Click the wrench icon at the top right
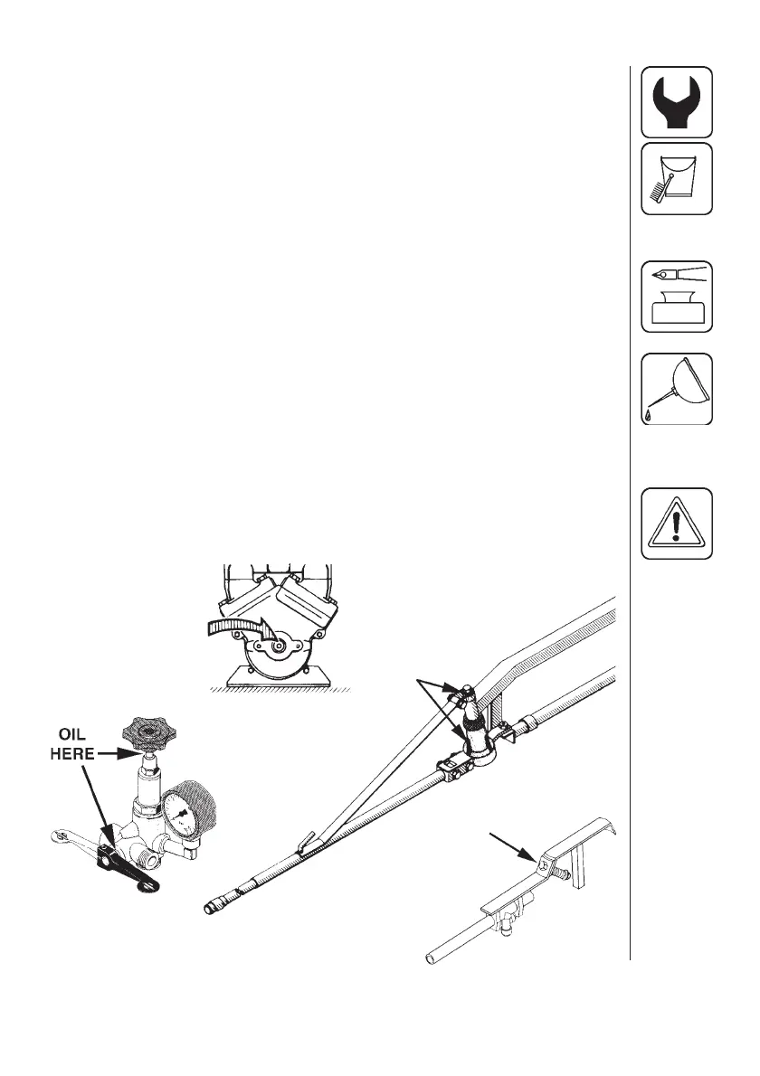point(677,101)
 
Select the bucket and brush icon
point(677,178)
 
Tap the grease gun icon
point(677,296)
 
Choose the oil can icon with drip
point(677,388)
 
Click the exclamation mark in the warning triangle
point(677,525)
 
